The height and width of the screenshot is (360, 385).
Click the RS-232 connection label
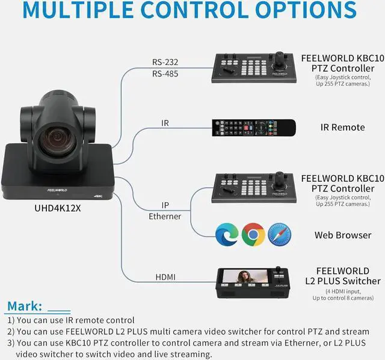click(165, 61)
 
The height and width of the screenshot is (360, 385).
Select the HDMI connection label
click(165, 277)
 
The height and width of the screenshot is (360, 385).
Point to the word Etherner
click(165, 216)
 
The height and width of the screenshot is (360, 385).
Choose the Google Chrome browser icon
click(253, 234)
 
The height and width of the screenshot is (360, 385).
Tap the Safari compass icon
click(280, 234)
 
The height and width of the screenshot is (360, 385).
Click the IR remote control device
click(254, 127)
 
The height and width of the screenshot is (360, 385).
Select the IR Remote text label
click(342, 127)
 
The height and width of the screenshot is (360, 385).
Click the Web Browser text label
click(343, 235)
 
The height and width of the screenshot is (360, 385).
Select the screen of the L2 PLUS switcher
click(243, 281)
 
